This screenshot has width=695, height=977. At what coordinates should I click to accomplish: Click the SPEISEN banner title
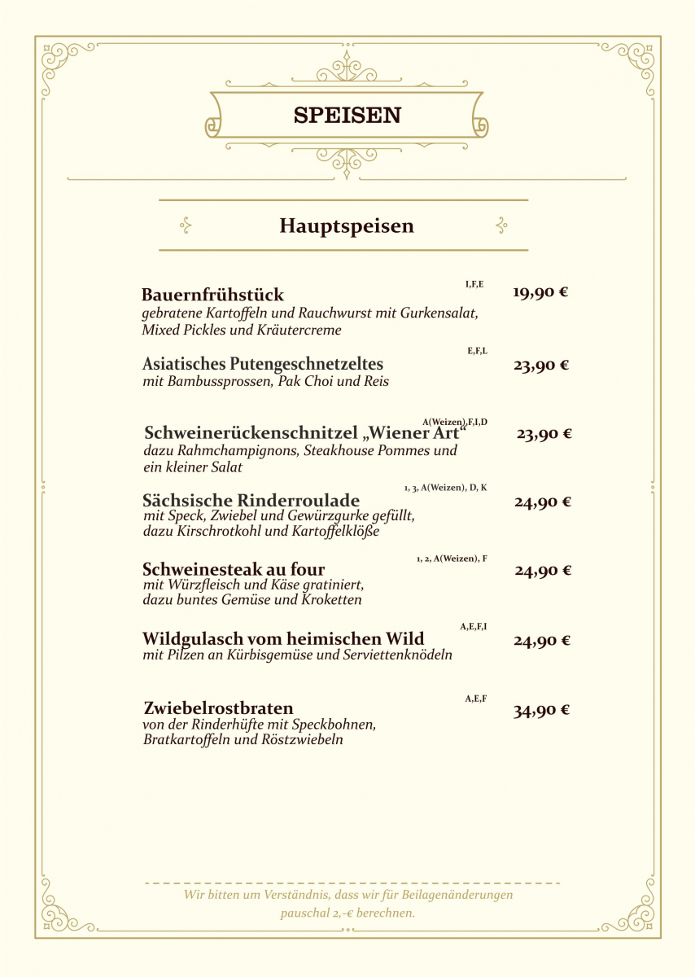tap(347, 116)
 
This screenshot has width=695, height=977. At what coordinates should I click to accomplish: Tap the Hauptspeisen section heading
tap(347, 226)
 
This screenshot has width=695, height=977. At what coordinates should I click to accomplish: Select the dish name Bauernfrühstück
tap(212, 295)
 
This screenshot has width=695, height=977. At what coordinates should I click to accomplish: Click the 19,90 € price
tap(540, 292)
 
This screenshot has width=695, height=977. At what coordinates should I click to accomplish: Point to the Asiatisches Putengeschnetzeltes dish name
tap(262, 364)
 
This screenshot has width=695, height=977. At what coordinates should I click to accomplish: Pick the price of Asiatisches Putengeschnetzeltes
tap(540, 366)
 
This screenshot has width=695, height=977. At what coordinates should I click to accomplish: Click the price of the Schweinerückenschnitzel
tap(544, 434)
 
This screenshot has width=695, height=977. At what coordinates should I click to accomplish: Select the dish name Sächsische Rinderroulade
tap(251, 500)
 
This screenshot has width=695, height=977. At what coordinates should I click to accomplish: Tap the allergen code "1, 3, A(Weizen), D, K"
tap(445, 488)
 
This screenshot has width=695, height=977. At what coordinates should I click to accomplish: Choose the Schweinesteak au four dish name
tap(234, 569)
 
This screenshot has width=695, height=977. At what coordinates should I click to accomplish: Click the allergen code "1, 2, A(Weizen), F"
tap(452, 559)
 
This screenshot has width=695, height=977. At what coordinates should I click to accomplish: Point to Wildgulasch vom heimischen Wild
tap(283, 638)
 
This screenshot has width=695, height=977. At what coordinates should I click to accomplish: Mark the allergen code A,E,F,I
tap(474, 627)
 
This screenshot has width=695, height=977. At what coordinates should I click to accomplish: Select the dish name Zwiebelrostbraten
tap(218, 708)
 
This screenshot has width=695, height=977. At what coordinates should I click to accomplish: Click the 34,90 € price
tap(541, 711)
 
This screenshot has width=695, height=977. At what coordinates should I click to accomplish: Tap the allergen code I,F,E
tap(474, 284)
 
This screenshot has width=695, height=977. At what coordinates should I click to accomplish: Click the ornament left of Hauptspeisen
tap(186, 226)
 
